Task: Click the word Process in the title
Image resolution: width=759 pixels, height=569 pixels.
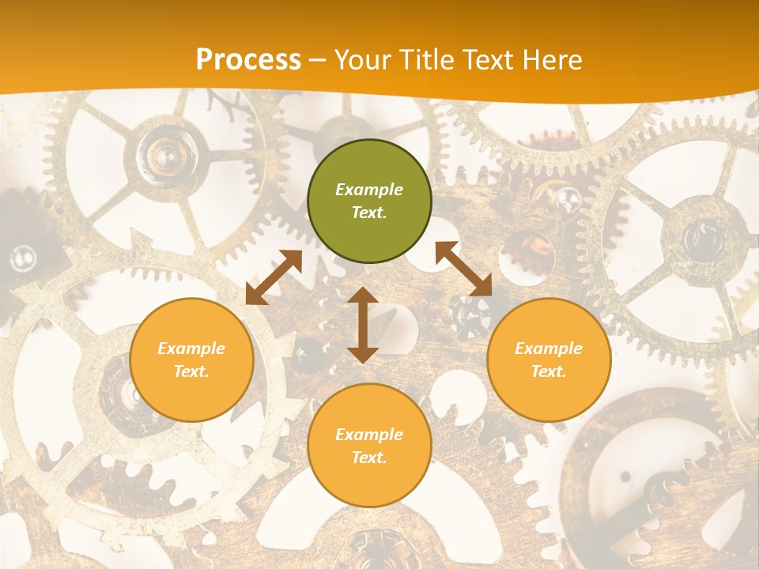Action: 248,60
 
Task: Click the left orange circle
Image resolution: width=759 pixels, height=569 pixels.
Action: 191,360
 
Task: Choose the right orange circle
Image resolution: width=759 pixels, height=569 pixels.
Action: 549,360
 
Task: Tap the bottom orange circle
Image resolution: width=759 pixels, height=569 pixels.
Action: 369,445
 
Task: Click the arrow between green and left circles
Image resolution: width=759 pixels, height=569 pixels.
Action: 274,277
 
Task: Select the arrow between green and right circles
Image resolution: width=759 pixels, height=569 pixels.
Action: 463,269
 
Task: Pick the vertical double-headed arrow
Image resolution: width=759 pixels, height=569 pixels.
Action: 363,325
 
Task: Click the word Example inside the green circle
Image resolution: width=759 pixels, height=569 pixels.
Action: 369,190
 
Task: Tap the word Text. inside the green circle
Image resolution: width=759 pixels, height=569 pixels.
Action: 369,213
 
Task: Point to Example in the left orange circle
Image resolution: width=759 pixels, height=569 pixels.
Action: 191,349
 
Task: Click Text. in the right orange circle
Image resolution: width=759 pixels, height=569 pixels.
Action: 549,371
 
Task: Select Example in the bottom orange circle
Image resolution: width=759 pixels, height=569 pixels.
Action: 369,435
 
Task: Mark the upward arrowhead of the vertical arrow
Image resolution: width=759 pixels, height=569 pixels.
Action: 363,296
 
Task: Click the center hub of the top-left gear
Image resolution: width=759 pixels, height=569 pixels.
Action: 164,153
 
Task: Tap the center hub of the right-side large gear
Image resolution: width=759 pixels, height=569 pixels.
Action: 700,235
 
